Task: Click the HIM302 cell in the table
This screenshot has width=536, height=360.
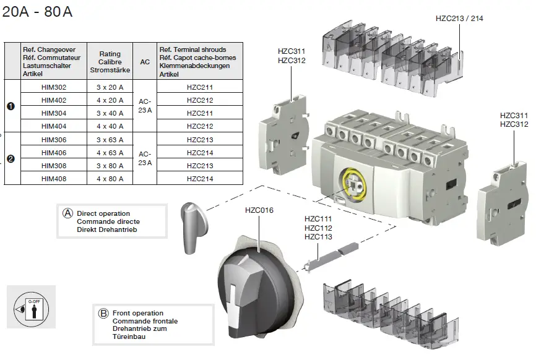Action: coord(53,87)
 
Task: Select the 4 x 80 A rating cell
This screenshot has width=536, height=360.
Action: coord(110,179)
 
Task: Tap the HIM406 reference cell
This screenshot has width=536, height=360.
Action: coord(53,153)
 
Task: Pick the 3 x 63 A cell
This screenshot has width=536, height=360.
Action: coord(110,140)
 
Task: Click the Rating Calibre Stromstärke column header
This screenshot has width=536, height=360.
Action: coord(110,62)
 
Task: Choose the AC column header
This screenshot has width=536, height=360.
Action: coord(145,62)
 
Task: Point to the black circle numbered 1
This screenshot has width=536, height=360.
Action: coord(11,106)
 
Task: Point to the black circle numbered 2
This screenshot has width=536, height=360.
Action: coord(11,159)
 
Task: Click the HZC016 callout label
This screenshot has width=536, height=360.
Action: coord(259,210)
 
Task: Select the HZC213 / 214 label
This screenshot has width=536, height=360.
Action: coord(459,19)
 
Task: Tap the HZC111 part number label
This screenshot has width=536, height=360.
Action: coord(318,219)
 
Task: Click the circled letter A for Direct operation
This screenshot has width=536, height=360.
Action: coord(68,213)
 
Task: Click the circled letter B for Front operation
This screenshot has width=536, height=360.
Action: coord(103,313)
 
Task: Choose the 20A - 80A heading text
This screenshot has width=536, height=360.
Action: coord(37,12)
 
